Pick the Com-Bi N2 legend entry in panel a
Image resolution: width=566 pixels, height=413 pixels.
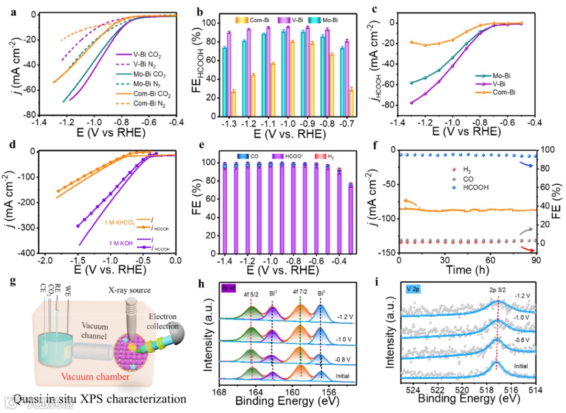pyautogui.click(x=149, y=103)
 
